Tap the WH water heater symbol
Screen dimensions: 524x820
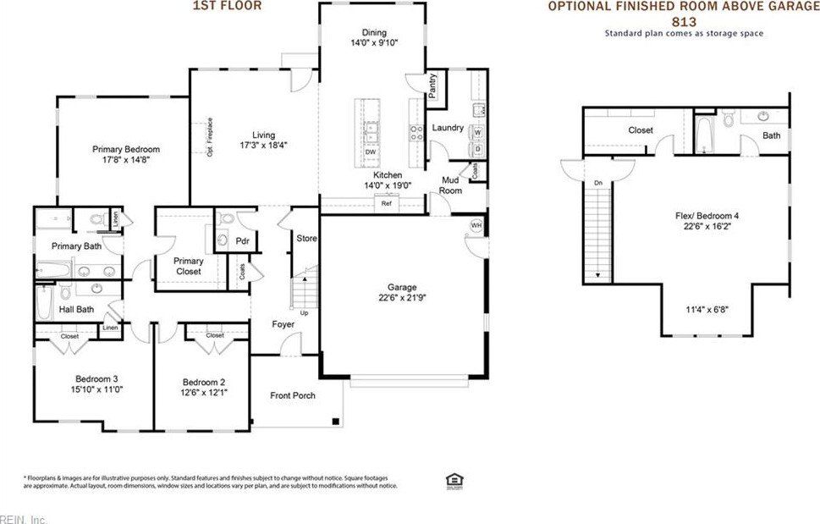[476, 225]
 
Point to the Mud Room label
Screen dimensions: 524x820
[450, 185]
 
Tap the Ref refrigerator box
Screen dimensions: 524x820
[387, 203]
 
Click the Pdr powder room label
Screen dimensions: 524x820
[242, 241]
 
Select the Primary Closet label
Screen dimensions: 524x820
[188, 267]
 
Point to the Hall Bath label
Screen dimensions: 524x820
[76, 310]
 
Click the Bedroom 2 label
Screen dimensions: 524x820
[203, 381]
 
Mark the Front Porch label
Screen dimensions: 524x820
[293, 395]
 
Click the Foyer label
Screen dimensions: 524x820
[283, 324]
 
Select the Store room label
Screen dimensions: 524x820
[306, 239]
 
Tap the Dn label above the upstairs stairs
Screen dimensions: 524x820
[597, 182]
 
